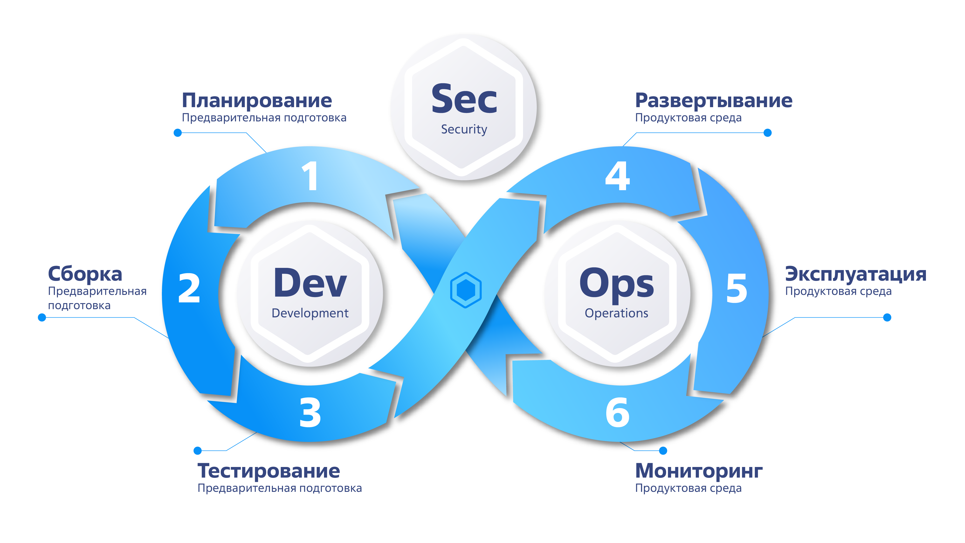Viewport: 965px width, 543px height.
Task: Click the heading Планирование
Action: point(257,100)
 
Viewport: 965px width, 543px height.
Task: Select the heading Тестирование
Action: point(269,471)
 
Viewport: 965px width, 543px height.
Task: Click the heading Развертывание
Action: point(714,100)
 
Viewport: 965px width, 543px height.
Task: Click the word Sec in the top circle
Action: point(464,99)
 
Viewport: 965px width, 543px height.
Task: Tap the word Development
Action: point(310,313)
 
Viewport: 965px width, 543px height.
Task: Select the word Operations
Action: point(617,313)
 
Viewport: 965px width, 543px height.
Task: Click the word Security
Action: point(464,129)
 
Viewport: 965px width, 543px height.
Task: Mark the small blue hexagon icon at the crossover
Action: point(466,290)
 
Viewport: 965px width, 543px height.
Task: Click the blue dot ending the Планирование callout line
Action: point(178,133)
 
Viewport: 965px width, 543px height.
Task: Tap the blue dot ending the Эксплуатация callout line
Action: point(887,317)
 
